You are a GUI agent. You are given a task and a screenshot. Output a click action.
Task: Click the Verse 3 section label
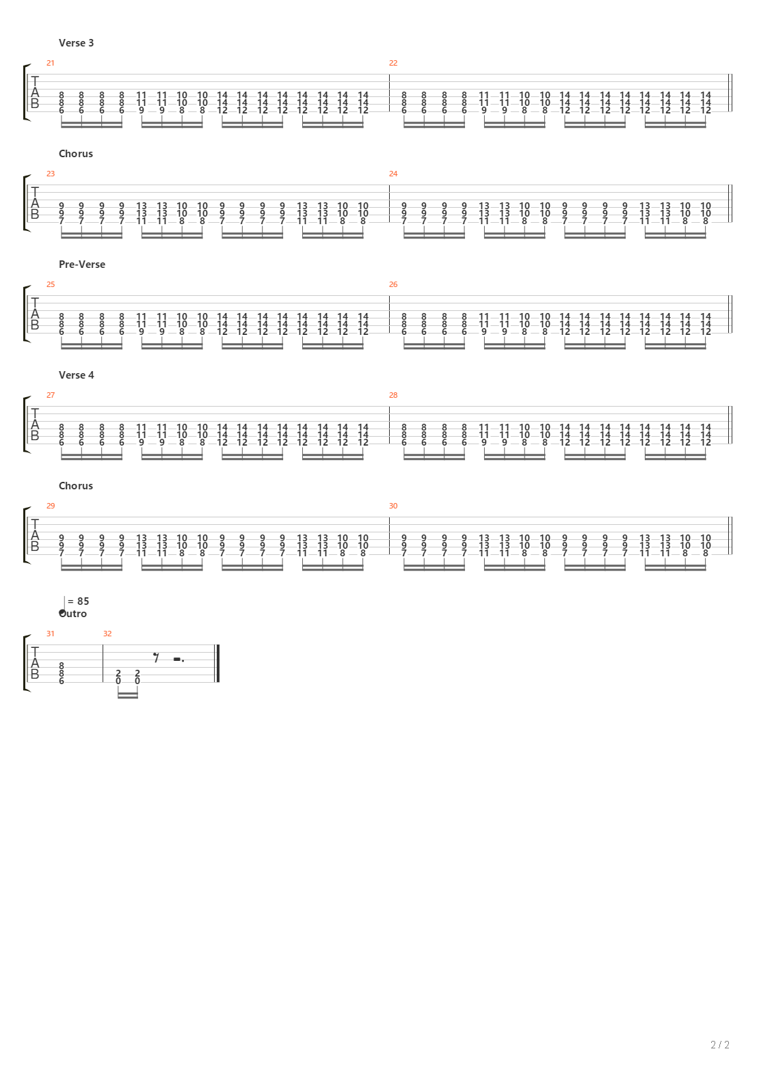point(76,43)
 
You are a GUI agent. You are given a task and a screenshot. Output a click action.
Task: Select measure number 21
point(50,63)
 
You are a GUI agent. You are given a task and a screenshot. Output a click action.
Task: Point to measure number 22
point(393,63)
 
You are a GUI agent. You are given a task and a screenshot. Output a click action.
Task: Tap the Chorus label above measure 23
point(75,154)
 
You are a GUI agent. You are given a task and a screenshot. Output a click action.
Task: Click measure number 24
point(393,174)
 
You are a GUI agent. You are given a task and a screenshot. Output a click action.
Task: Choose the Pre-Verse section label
point(82,264)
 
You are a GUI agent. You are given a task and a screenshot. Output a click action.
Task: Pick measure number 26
point(393,284)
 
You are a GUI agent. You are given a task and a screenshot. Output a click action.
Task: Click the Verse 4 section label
point(76,375)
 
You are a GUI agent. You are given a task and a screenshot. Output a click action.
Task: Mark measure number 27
point(50,395)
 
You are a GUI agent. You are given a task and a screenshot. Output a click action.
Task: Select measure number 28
point(393,395)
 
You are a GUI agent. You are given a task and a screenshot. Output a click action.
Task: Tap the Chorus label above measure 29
point(75,486)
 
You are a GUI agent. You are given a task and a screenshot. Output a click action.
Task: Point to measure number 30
point(393,506)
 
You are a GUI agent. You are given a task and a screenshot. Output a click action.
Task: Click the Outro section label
point(73,614)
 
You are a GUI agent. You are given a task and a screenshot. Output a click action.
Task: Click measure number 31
point(50,634)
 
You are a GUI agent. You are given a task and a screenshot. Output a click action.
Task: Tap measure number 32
point(107,634)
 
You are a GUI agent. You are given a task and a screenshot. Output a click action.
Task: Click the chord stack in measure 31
point(62,673)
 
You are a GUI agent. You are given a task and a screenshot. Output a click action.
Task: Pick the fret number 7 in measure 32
point(157,658)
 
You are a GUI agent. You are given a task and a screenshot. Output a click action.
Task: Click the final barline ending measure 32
point(217,664)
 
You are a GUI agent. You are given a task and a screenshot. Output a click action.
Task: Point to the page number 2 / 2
point(720,1045)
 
